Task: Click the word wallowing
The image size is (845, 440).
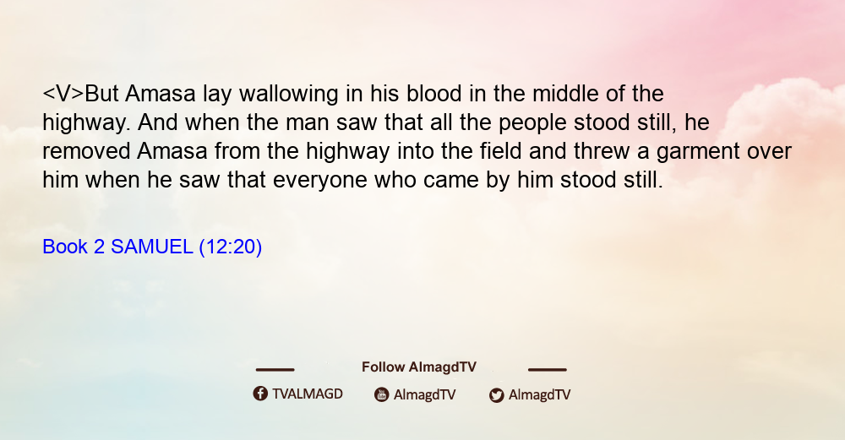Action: coord(288,95)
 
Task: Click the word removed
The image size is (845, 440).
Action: coord(86,151)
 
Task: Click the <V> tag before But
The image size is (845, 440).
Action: coord(63,94)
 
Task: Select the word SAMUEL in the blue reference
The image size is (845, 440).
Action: coord(151,247)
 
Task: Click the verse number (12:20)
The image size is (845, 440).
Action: coord(231,247)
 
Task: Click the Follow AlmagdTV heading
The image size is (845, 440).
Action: coord(419,367)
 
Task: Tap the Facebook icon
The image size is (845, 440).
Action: coord(260,394)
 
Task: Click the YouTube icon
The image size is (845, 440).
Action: coord(382,394)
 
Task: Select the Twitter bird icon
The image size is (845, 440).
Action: coord(496,395)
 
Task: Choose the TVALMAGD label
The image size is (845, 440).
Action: coord(308,394)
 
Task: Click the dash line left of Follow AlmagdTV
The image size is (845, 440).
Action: coord(275,370)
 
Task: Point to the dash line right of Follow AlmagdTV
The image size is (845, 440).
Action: coord(548,370)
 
